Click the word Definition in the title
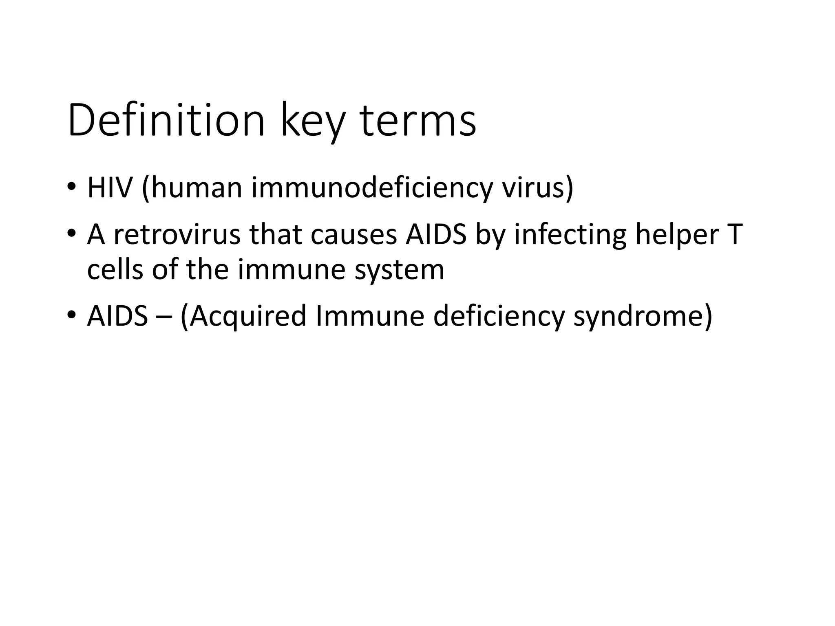pos(166,121)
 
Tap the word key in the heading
pos(312,121)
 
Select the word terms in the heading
pos(418,121)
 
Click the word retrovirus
pos(177,235)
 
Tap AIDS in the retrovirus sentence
pos(436,235)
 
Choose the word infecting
pos(570,235)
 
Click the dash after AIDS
pos(163,317)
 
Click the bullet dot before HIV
pos(72,187)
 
